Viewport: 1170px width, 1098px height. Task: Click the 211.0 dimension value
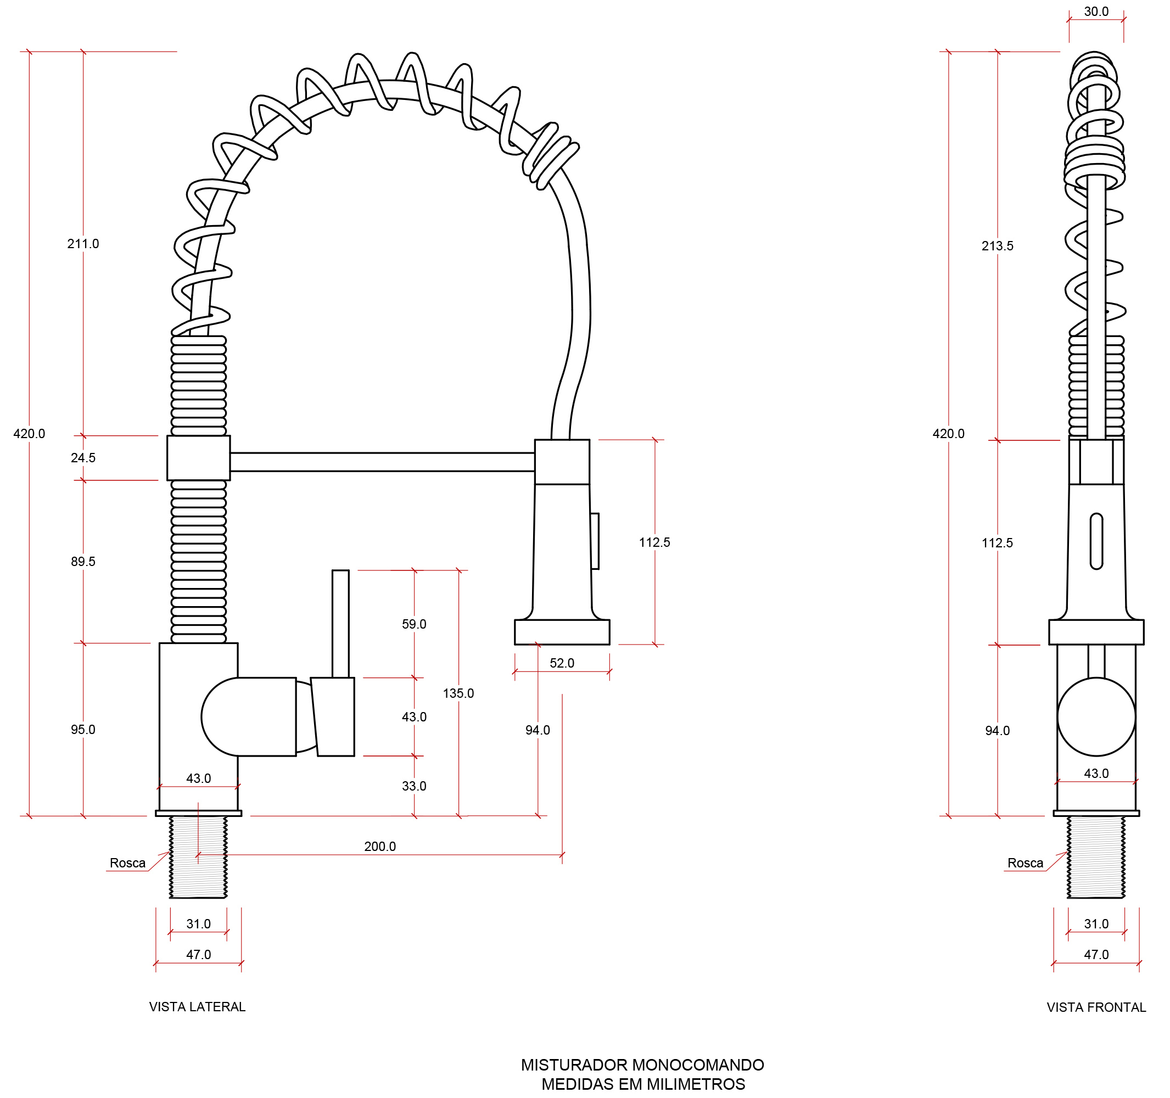tap(83, 244)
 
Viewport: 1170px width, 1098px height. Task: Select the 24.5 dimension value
tap(83, 458)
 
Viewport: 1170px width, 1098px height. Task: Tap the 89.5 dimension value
tap(83, 562)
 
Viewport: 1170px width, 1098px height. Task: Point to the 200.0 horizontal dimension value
tap(379, 846)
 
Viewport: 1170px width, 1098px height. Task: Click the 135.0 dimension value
tap(458, 693)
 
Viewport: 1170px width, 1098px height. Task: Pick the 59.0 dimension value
tap(414, 624)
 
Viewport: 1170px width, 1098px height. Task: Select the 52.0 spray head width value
tap(562, 663)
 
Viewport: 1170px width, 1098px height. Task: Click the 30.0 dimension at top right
tap(1096, 12)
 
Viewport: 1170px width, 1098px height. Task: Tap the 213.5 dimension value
tap(997, 246)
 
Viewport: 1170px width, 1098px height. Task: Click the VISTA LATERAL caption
tap(197, 1007)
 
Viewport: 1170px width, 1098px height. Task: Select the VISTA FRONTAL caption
tap(1096, 1007)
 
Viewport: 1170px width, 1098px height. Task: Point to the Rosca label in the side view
tap(127, 862)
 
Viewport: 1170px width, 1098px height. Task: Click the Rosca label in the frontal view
tap(1025, 862)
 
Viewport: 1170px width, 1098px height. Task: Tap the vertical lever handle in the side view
tap(340, 623)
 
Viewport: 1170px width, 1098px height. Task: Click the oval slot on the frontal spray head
tap(1096, 541)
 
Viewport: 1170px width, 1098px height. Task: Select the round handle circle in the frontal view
tap(1096, 716)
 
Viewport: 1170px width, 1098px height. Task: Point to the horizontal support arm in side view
tap(382, 462)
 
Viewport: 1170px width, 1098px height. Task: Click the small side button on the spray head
tap(595, 541)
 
